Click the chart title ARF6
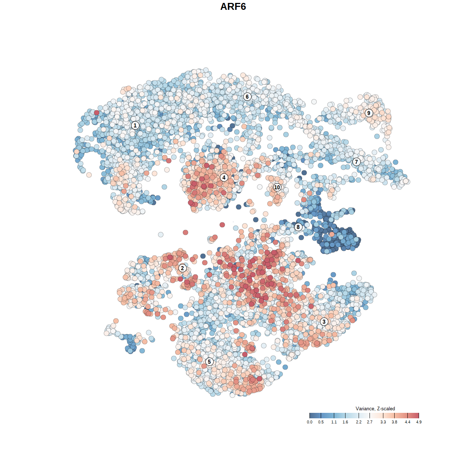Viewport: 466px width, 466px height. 233,7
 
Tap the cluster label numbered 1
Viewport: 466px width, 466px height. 135,125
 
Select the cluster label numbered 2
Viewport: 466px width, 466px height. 182,268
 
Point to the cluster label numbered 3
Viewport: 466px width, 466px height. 324,321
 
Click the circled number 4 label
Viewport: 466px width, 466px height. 224,177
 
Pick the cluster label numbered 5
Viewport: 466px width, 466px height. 209,362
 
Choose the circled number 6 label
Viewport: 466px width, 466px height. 247,96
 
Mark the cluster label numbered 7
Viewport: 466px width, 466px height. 356,162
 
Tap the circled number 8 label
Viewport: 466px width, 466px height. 298,227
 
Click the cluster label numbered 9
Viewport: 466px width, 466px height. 369,113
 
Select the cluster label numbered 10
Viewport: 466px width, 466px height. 277,187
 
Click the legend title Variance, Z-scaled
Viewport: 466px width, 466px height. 375,408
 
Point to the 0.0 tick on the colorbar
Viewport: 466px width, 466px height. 309,422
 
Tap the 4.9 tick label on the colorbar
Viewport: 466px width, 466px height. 419,422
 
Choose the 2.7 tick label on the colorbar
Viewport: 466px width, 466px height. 370,422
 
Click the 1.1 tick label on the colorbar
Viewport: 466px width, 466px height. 334,422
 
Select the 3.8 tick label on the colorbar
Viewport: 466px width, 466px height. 394,422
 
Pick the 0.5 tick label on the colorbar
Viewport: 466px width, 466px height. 321,422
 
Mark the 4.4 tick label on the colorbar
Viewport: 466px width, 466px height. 407,422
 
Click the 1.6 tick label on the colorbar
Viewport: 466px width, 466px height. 345,422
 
